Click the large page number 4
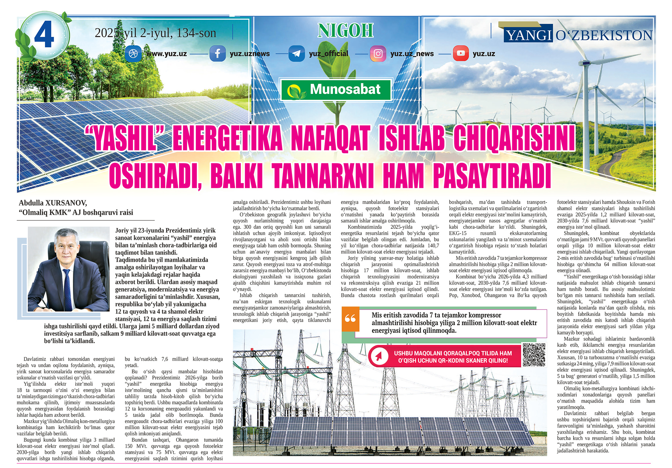[x=44, y=35]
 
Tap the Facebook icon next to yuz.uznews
[x=217, y=54]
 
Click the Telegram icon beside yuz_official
[x=296, y=54]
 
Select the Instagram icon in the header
[x=378, y=54]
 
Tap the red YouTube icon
[x=461, y=54]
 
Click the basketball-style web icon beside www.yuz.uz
[x=133, y=54]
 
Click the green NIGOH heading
[x=345, y=31]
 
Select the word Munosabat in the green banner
[x=345, y=89]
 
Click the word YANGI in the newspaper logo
[x=529, y=35]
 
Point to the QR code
[x=534, y=355]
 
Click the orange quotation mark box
[x=350, y=318]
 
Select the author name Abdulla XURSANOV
[x=53, y=203]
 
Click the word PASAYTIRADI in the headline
[x=492, y=176]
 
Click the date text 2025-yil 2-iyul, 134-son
[x=155, y=33]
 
